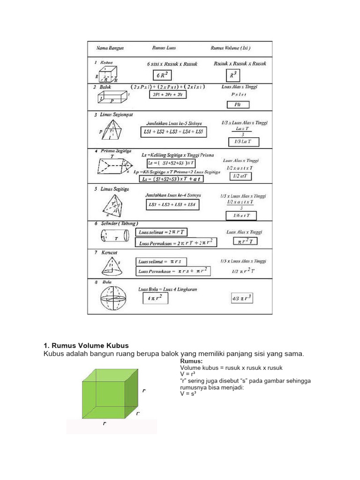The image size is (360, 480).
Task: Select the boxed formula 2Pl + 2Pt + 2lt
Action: point(169,95)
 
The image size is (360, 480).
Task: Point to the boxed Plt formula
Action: point(237,105)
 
